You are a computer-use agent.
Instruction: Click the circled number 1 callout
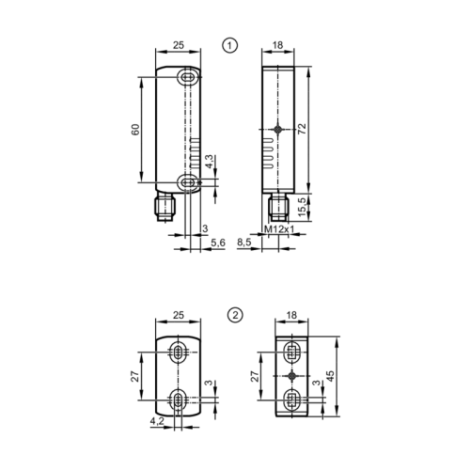228,43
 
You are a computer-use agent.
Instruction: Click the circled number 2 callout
236,316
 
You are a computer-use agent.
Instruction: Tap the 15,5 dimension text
326,206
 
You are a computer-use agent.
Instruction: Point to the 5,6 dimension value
218,243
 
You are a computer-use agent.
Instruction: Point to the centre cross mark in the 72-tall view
279,130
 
